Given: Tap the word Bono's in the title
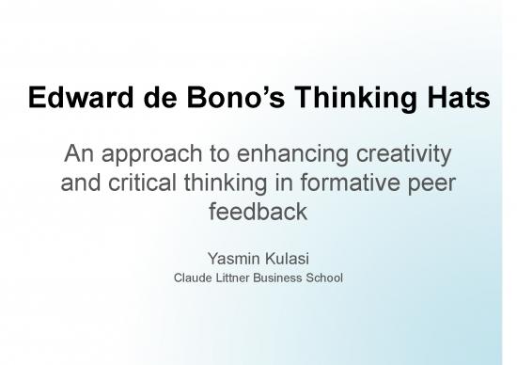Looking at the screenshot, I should click(x=211, y=97).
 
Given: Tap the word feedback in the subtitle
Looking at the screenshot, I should click(x=257, y=212).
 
